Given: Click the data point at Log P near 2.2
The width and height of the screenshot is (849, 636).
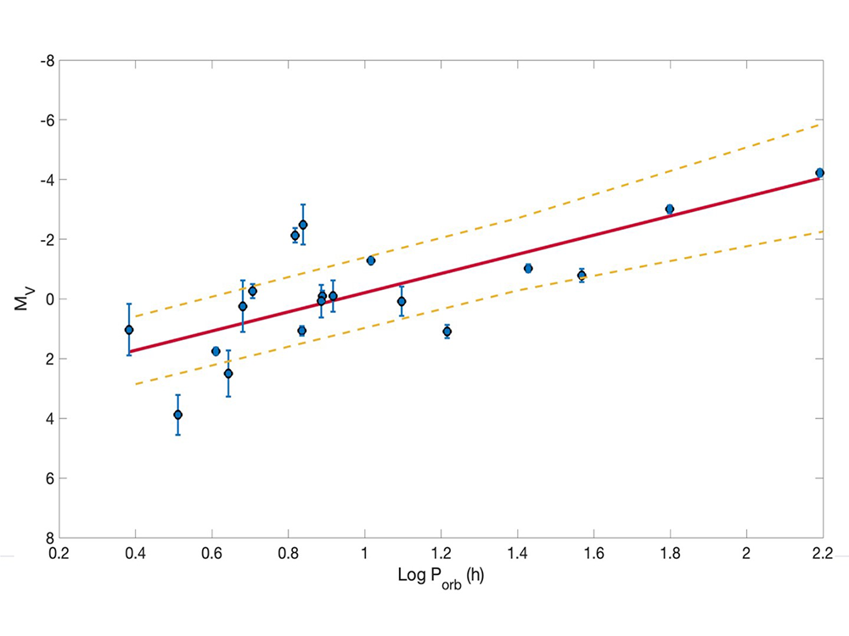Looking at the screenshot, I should click(819, 173).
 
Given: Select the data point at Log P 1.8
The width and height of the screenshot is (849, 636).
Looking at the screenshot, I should click(670, 209).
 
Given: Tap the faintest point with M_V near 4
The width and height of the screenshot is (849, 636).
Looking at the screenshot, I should click(177, 415).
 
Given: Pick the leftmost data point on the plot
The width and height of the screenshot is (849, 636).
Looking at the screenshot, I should click(129, 330).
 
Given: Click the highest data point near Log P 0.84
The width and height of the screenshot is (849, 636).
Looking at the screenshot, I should click(303, 225).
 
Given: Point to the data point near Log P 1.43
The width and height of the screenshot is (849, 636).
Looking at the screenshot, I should click(528, 268).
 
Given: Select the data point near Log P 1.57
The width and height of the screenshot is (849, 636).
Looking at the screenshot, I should click(582, 275).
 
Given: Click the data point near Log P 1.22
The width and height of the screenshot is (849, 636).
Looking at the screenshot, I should click(447, 332).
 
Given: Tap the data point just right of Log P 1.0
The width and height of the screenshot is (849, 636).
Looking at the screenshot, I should click(371, 260).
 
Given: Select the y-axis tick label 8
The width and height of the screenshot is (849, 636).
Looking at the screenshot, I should click(48, 538).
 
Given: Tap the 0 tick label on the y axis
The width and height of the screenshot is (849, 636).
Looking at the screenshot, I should click(48, 299).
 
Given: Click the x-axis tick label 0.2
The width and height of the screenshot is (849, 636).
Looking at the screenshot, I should click(59, 554).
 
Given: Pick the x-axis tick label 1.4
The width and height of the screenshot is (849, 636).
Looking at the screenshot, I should click(517, 554).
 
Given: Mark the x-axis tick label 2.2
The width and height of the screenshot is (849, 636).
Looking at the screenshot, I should click(823, 554).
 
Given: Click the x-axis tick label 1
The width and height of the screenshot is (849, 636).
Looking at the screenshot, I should click(364, 554).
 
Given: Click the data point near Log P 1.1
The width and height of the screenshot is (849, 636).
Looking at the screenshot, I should click(402, 301).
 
